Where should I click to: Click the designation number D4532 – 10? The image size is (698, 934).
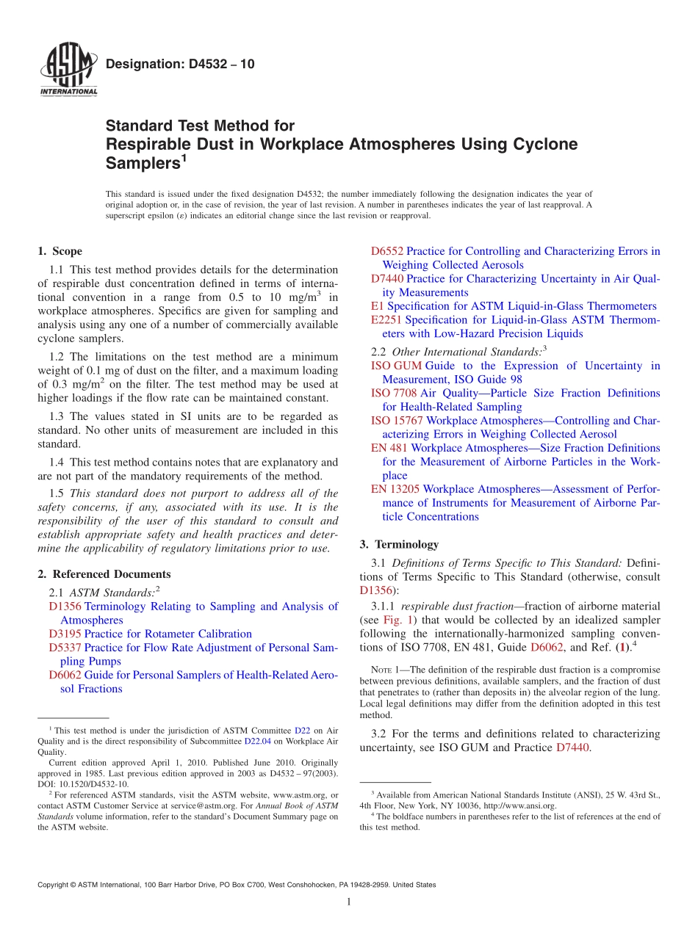coord(180,64)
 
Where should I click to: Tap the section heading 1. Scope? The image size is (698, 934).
coord(60,251)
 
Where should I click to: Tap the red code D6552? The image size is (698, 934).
coord(387,251)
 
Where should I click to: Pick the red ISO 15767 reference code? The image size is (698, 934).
coord(397,421)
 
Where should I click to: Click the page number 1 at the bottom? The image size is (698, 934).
coord(349,902)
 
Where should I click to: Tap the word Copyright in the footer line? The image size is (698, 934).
coord(55,885)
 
